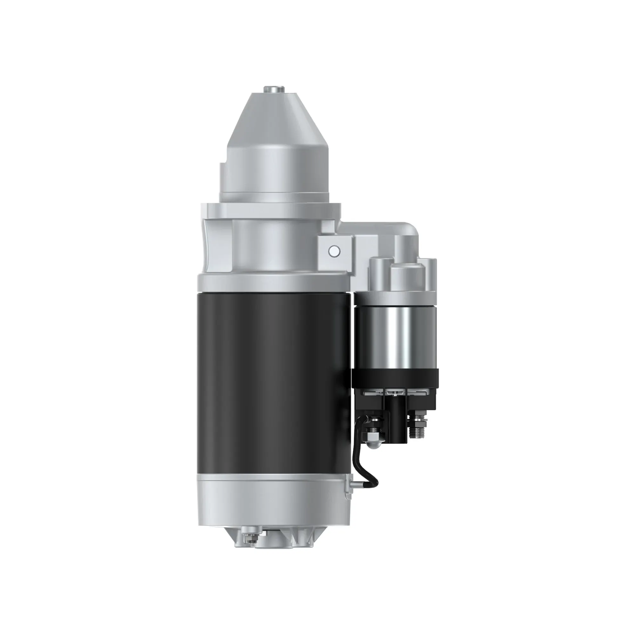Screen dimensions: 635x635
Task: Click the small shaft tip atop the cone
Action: [x=274, y=89]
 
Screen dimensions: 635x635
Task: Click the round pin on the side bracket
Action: [x=334, y=251]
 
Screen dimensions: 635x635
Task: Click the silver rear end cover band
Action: [x=274, y=506]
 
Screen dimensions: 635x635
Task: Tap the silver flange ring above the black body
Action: [x=273, y=284]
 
